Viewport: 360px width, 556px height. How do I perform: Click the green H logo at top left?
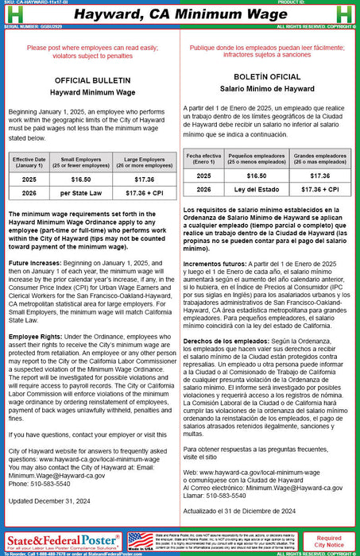point(10,13)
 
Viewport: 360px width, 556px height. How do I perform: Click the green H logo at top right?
point(349,13)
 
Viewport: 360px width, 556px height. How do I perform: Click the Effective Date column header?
point(29,162)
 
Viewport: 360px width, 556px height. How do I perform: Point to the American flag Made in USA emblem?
point(140,542)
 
